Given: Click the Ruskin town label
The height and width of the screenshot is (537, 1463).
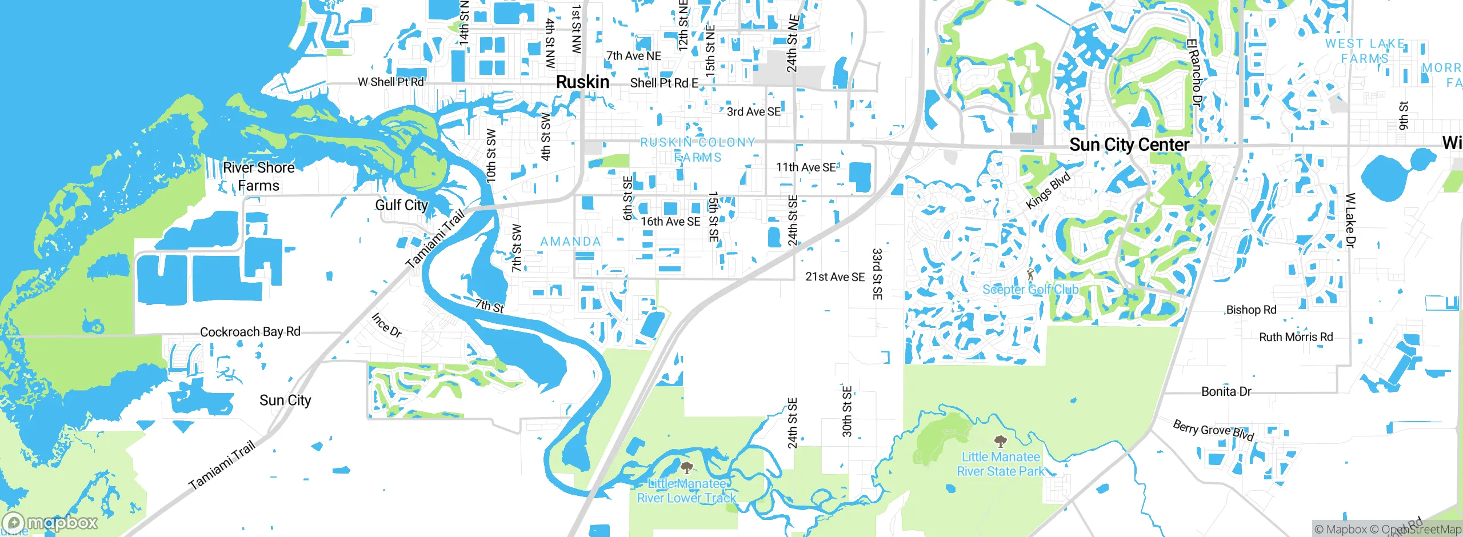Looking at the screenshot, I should click(x=582, y=82).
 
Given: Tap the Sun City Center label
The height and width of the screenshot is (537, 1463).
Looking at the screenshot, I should click(x=1129, y=145).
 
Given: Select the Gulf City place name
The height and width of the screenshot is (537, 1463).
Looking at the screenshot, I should click(x=401, y=205).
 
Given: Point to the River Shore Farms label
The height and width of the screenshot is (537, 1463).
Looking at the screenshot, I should click(x=259, y=177).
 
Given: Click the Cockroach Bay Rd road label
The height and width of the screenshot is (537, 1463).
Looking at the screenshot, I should click(x=250, y=332).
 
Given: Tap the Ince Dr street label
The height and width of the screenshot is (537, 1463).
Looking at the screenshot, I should click(x=386, y=325).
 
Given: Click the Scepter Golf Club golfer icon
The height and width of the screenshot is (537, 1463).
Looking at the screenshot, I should click(x=1030, y=275).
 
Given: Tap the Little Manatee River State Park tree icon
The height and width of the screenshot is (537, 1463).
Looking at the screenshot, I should click(x=1000, y=441).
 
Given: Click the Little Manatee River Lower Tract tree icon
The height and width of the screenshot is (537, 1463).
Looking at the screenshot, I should click(x=686, y=468).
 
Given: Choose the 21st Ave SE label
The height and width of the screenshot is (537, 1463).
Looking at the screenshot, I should click(x=835, y=277).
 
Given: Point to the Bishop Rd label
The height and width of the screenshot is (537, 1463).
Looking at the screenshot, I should click(x=1251, y=310).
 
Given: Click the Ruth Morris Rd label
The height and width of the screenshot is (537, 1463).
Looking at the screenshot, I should click(x=1296, y=337).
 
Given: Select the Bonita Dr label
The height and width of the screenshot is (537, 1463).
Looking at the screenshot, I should click(x=1226, y=392).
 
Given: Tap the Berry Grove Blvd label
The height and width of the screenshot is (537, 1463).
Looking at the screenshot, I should click(x=1213, y=430).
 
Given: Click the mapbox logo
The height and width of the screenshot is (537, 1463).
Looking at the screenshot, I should click(x=50, y=522).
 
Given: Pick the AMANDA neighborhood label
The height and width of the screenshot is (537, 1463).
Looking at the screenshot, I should click(x=570, y=242).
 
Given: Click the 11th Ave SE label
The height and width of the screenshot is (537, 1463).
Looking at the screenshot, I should click(x=805, y=167).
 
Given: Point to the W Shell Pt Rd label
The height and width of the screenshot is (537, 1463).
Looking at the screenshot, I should click(x=391, y=82).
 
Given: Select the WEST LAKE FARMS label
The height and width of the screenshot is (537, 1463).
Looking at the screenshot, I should click(x=1365, y=51).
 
